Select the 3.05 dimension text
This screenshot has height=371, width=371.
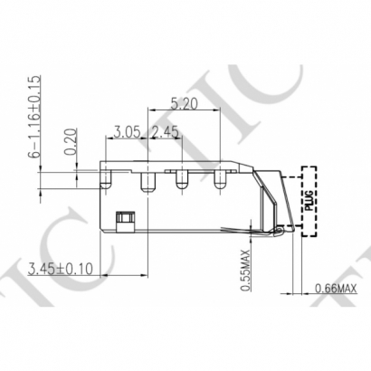(128, 134)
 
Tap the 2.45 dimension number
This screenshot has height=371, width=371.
(166, 134)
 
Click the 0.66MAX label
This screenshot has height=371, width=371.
(335, 289)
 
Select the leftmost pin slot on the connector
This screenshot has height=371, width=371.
(107, 179)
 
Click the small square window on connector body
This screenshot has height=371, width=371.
(125, 217)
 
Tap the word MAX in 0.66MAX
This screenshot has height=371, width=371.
(346, 289)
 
